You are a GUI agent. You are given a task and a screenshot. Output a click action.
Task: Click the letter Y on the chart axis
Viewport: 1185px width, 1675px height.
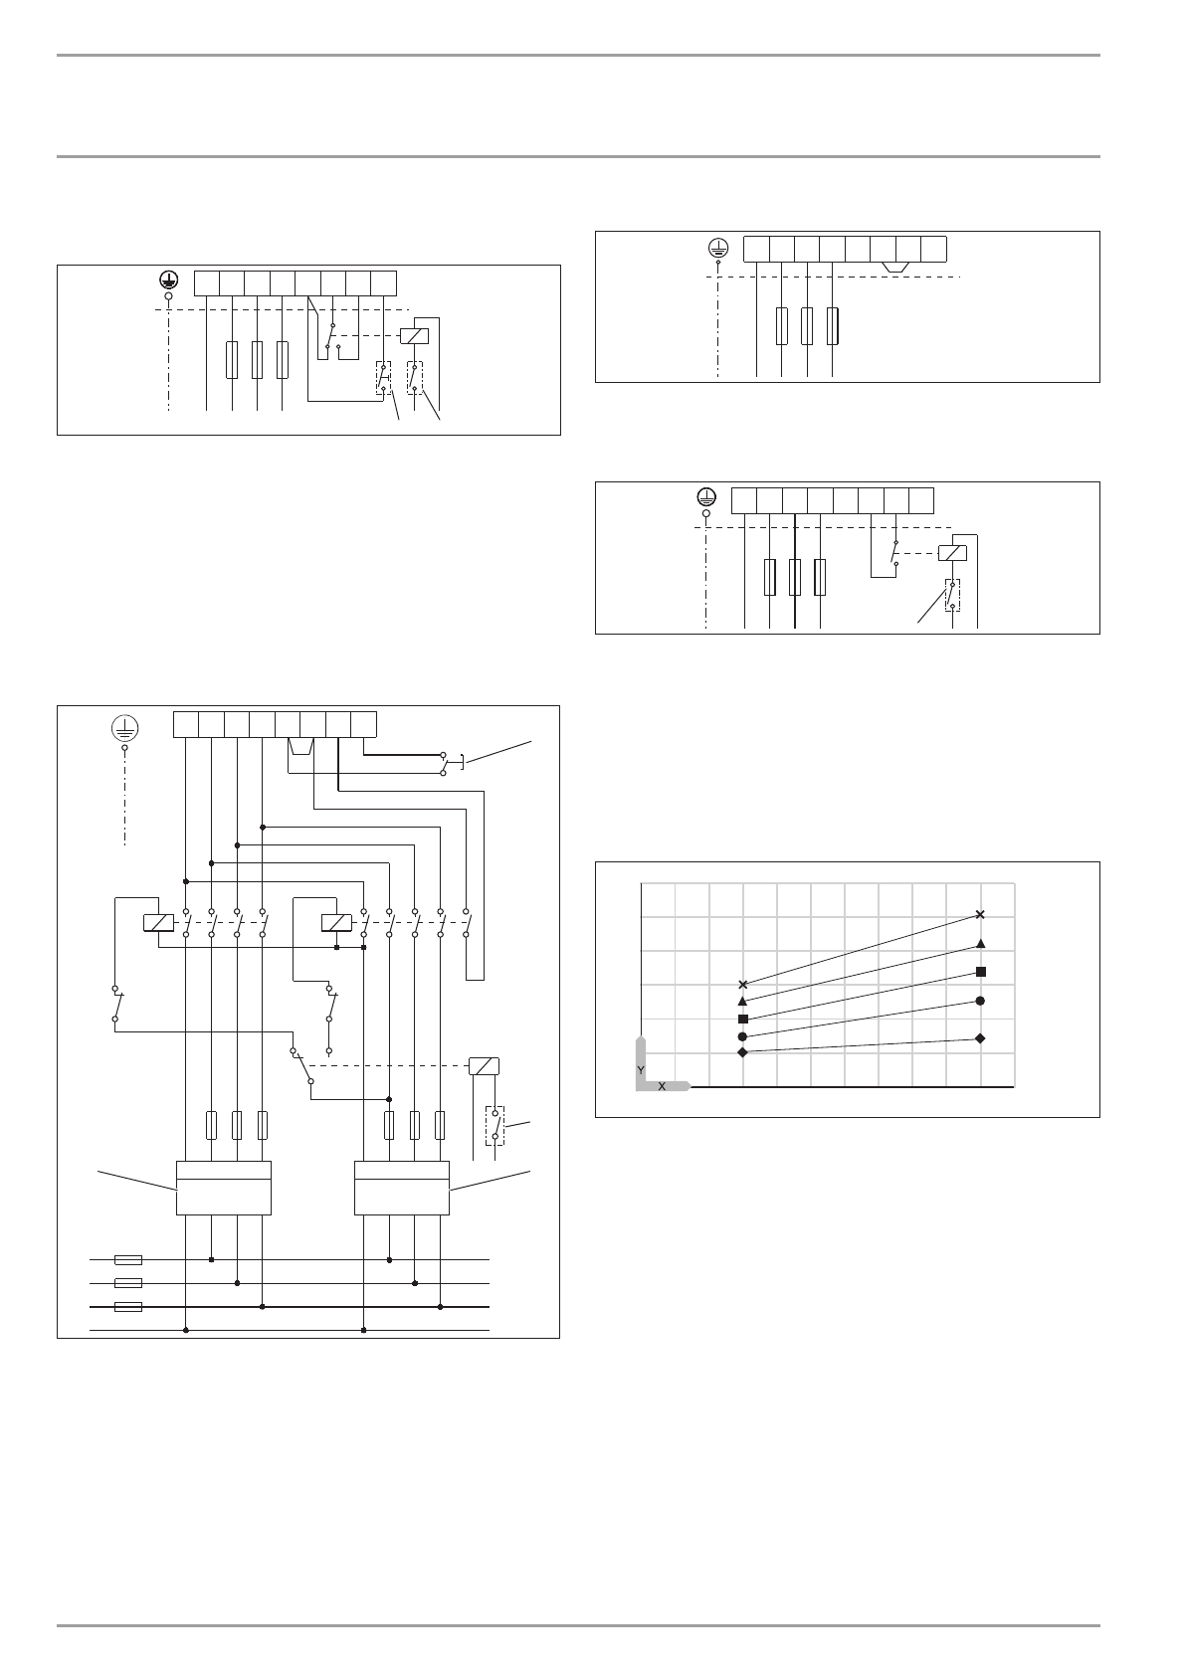click(x=642, y=1068)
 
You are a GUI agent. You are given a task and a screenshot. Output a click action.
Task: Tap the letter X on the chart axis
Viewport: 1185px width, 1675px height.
click(x=662, y=1086)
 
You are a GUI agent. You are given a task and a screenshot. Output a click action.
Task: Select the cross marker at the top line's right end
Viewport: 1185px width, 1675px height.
click(x=981, y=914)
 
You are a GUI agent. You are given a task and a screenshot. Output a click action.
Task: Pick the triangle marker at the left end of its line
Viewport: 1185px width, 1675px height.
click(x=742, y=1001)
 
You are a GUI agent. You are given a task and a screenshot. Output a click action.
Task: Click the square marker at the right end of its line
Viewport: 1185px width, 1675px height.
click(x=981, y=971)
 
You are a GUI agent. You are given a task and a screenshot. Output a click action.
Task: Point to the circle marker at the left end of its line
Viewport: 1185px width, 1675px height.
click(x=742, y=1036)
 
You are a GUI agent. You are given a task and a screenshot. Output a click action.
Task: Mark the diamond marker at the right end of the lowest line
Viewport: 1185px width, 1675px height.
click(x=981, y=1038)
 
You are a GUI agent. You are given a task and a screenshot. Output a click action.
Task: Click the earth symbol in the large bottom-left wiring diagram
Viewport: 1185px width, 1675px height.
click(x=124, y=728)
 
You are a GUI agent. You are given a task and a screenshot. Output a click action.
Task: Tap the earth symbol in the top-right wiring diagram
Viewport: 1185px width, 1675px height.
click(x=718, y=248)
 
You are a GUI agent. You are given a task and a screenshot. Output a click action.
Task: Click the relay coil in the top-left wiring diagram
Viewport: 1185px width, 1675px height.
click(x=413, y=336)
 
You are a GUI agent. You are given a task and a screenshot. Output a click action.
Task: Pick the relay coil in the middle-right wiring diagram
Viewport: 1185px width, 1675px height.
click(x=953, y=553)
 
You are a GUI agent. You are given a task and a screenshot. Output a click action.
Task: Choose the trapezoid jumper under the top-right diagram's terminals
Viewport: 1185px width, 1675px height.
click(x=895, y=267)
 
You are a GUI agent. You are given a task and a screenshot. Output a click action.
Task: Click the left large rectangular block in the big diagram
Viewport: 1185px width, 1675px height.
click(x=224, y=1188)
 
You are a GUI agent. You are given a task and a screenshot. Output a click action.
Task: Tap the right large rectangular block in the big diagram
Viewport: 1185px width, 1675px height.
click(x=402, y=1188)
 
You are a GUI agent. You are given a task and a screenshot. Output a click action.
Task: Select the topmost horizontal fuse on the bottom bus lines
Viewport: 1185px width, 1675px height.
click(x=128, y=1259)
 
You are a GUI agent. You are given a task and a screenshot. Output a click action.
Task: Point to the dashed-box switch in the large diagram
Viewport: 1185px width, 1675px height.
click(x=494, y=1125)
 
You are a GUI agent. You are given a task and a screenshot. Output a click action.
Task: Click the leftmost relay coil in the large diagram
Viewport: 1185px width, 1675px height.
click(x=159, y=923)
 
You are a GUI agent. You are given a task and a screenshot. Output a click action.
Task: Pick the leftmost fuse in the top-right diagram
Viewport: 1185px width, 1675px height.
click(x=782, y=325)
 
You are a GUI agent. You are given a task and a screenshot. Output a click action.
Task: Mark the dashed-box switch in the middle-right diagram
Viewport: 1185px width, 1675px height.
click(x=952, y=594)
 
